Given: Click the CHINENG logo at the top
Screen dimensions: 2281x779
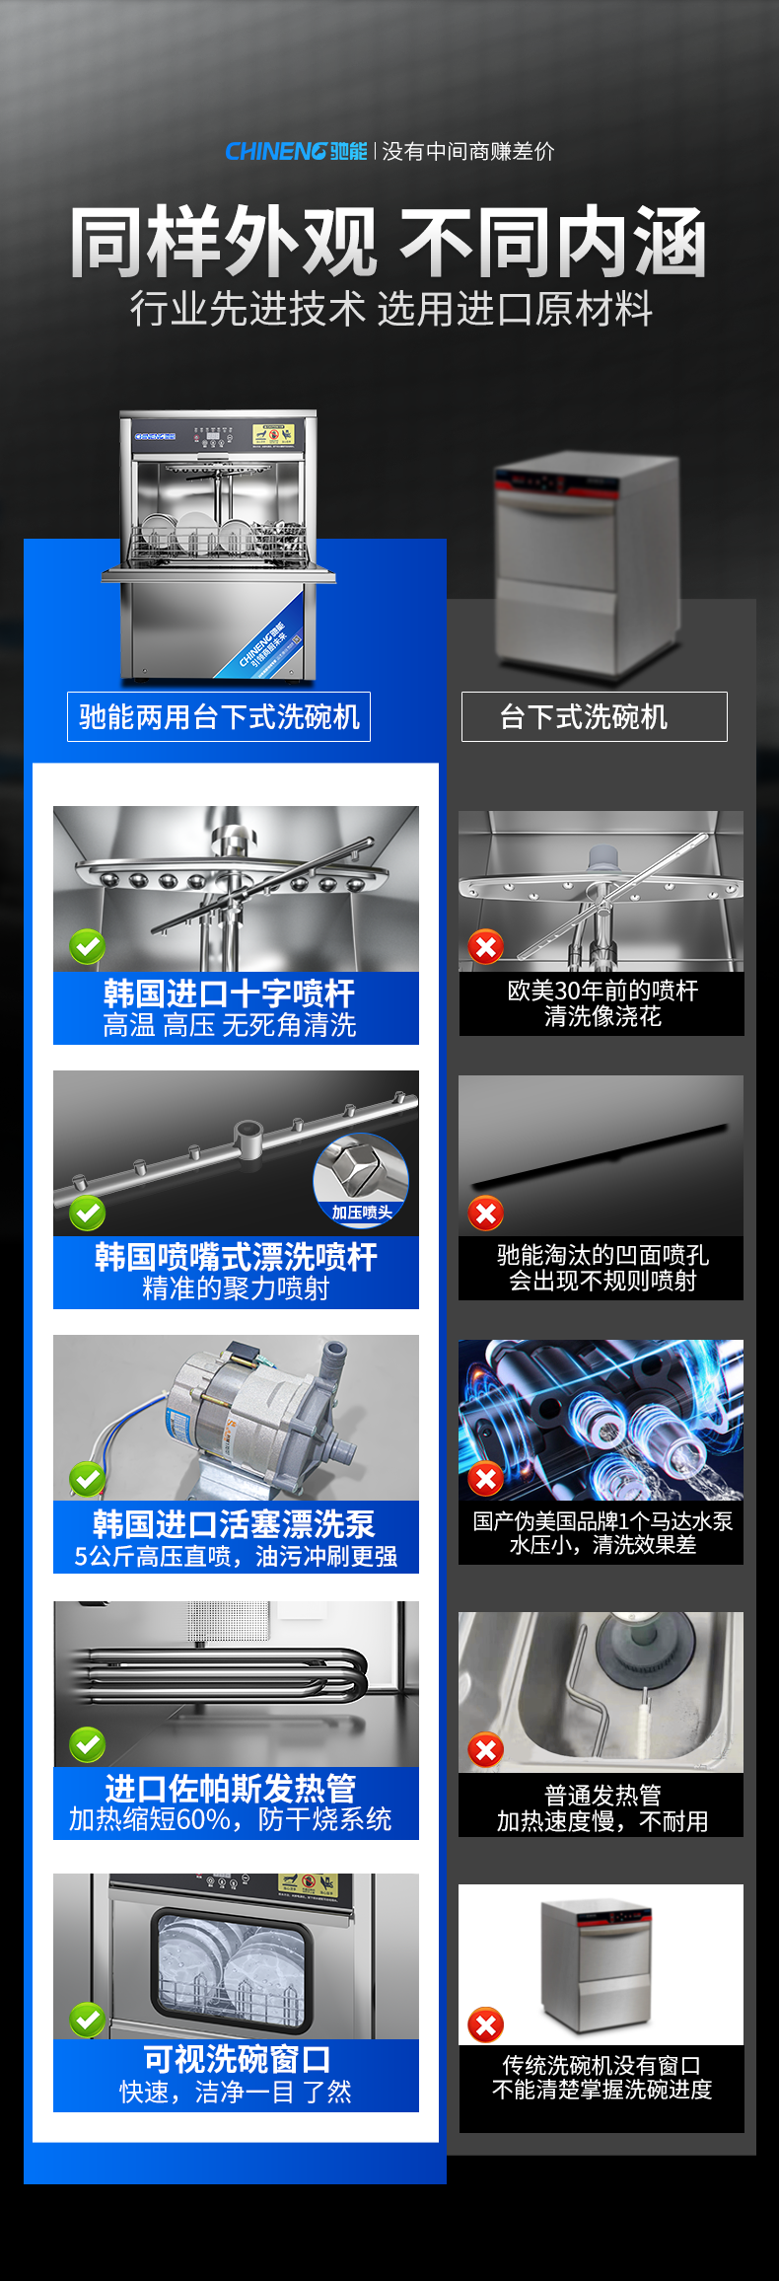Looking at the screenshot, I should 296,151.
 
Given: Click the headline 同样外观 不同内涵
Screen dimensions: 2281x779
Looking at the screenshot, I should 389,242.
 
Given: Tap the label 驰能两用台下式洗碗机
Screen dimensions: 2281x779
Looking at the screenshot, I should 219,717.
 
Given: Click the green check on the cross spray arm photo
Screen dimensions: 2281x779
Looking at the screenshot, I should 88,946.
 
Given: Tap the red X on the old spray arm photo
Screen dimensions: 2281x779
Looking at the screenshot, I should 485,947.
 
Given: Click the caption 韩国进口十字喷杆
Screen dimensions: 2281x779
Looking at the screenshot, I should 229,993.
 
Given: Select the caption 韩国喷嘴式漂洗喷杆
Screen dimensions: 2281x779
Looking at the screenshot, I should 236,1257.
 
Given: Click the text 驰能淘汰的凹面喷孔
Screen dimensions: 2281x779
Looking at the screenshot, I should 602,1255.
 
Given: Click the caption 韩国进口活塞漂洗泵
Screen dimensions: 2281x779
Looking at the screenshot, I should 234,1524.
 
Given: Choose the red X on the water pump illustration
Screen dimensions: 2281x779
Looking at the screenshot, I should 485,1478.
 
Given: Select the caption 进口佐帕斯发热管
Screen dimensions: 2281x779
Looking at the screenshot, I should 231,1788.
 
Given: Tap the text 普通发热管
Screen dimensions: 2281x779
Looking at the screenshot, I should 602,1796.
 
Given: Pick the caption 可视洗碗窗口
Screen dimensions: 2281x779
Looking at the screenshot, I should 236,2059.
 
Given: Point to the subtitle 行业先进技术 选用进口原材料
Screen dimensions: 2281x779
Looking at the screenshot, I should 391,309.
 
